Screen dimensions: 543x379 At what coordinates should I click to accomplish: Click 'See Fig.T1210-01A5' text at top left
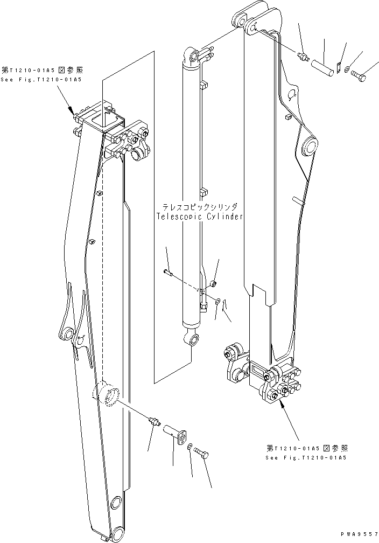point(41,80)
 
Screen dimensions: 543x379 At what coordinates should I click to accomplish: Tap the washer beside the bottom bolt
point(189,446)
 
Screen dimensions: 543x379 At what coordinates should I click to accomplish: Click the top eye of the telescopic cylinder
point(192,56)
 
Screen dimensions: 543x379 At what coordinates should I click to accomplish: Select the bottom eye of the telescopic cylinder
point(192,339)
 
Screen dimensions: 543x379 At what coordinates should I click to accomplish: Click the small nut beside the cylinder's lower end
point(214,283)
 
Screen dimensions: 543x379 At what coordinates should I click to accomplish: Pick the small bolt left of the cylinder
point(169,274)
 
